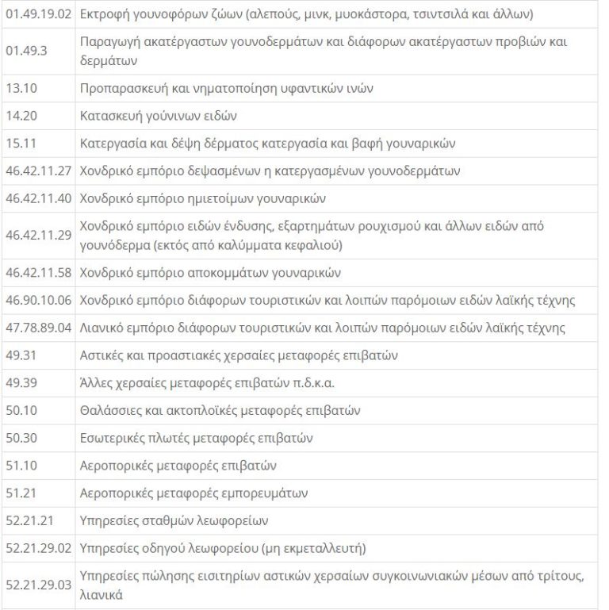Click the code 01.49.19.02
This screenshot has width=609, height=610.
click(x=39, y=14)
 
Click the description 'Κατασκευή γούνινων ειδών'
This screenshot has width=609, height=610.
click(x=159, y=116)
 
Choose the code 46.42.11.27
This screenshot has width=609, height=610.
click(x=39, y=171)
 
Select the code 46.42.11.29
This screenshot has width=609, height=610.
click(x=39, y=236)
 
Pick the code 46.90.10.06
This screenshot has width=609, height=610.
click(x=39, y=301)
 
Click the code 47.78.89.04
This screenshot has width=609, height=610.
click(x=39, y=328)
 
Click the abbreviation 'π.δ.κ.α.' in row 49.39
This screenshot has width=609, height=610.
click(x=310, y=383)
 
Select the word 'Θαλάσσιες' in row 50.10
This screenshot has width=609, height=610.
click(x=111, y=411)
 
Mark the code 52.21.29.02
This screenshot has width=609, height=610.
click(x=39, y=548)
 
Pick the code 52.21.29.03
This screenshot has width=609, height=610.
click(x=39, y=585)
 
